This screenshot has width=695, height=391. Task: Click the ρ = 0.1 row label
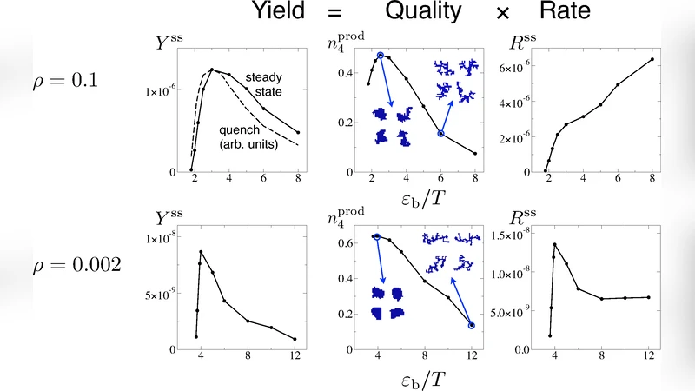click(63, 81)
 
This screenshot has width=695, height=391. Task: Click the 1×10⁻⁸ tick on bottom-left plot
click(168, 238)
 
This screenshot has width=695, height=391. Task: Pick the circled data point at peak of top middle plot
click(380, 56)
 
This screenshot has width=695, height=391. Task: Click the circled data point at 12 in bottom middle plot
click(472, 326)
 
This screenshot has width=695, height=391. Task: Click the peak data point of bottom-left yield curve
click(201, 252)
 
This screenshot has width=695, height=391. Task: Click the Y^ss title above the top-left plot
click(170, 38)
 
